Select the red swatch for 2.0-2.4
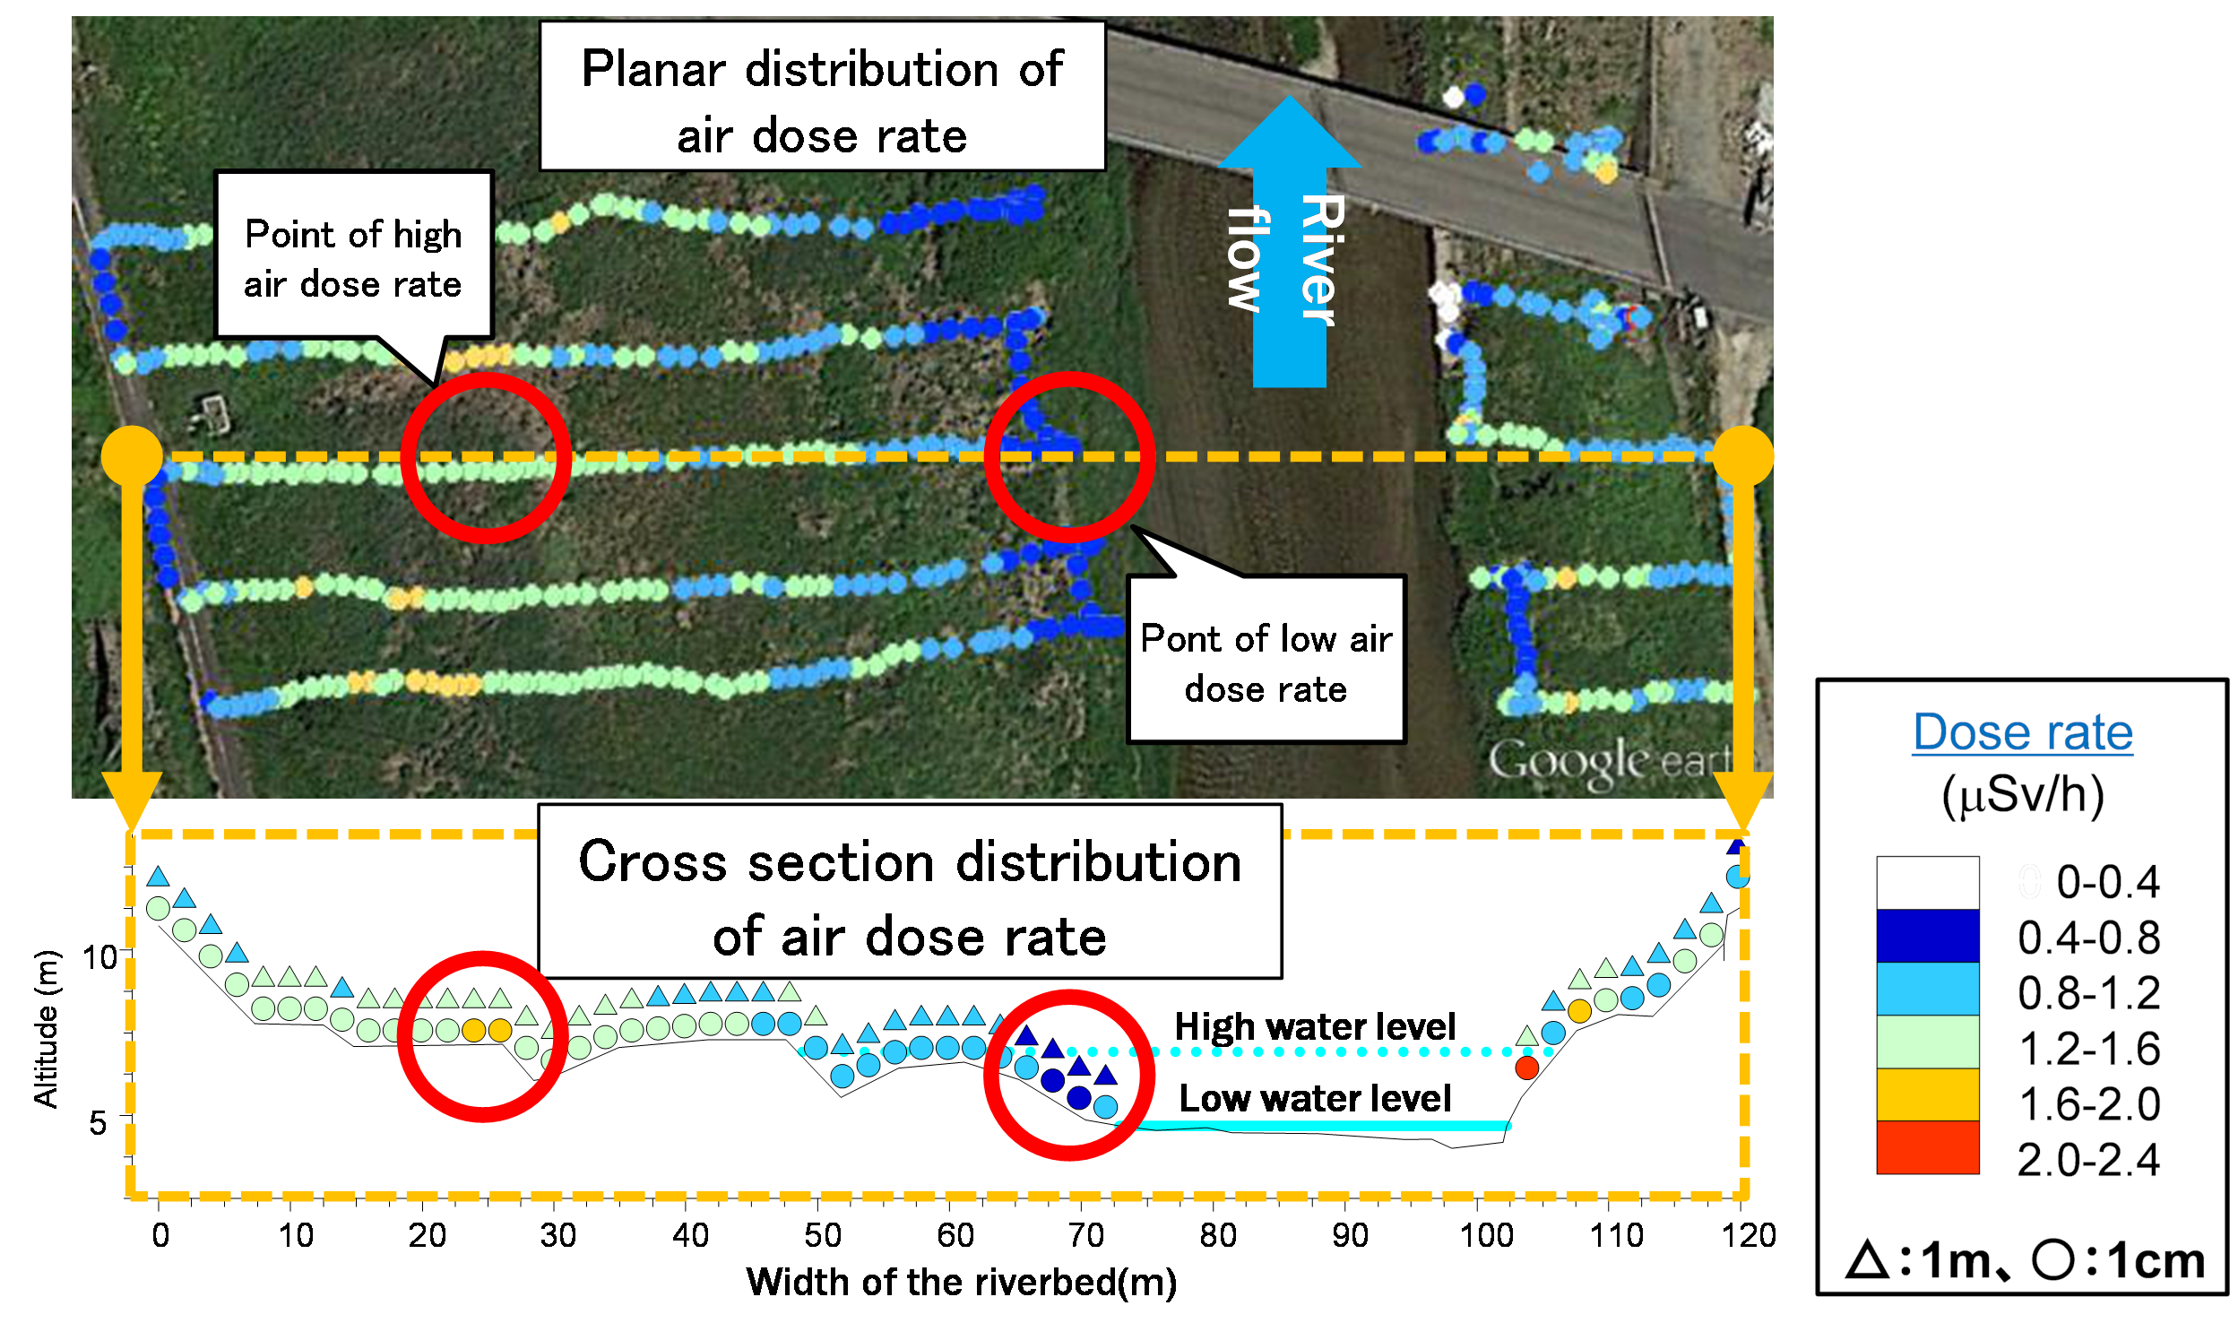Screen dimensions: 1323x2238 click(x=1927, y=1147)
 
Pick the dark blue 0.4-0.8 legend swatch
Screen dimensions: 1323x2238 click(x=1927, y=936)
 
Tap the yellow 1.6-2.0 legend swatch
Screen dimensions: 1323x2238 click(x=1927, y=1094)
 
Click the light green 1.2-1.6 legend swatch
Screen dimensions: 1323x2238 click(x=1927, y=1042)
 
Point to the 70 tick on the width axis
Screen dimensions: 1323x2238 click(x=1085, y=1236)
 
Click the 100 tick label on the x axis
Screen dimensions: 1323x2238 click(x=1485, y=1236)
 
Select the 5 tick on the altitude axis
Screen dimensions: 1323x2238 click(x=98, y=1122)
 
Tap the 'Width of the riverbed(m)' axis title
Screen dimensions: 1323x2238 click(x=961, y=1283)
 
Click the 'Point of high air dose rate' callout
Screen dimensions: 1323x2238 click(x=353, y=258)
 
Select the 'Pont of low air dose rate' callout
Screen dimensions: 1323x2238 click(x=1266, y=662)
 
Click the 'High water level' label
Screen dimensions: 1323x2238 click(x=1315, y=1026)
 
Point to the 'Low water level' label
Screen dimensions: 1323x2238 click(x=1315, y=1098)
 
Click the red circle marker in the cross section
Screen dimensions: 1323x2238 click(x=1526, y=1068)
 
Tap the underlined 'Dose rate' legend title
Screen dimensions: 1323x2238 click(x=2023, y=732)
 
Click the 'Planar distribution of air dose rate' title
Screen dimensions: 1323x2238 click(x=822, y=100)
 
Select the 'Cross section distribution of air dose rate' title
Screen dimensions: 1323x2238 click(x=910, y=898)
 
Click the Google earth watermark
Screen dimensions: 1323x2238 click(x=1609, y=762)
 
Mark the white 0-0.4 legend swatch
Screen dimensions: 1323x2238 click(x=1927, y=883)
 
